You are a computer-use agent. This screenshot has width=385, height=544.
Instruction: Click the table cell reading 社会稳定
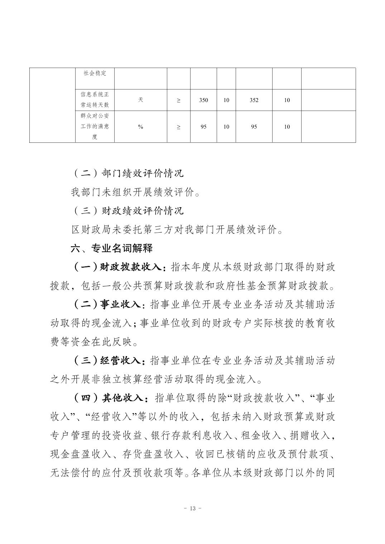click(x=95, y=73)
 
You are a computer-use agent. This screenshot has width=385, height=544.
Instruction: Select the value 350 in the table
click(x=203, y=100)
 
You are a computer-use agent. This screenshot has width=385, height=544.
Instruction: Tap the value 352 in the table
click(x=254, y=100)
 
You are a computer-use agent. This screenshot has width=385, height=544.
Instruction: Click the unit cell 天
click(x=140, y=100)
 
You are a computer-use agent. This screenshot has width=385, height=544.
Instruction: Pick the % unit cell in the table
click(x=140, y=127)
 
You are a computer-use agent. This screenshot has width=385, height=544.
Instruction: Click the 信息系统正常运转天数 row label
click(x=95, y=100)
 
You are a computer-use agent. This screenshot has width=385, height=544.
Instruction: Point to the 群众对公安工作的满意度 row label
click(x=95, y=127)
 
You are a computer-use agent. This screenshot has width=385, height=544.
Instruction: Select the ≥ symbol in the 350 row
click(x=178, y=100)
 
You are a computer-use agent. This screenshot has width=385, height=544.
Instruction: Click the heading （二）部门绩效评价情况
click(x=127, y=173)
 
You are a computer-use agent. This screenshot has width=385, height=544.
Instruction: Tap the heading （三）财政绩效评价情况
click(x=127, y=210)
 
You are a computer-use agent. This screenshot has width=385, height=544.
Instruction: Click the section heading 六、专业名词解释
click(x=112, y=248)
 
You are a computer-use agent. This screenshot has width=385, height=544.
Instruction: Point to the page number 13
click(x=192, y=509)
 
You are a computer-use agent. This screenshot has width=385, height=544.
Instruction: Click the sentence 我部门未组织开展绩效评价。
click(x=135, y=192)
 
